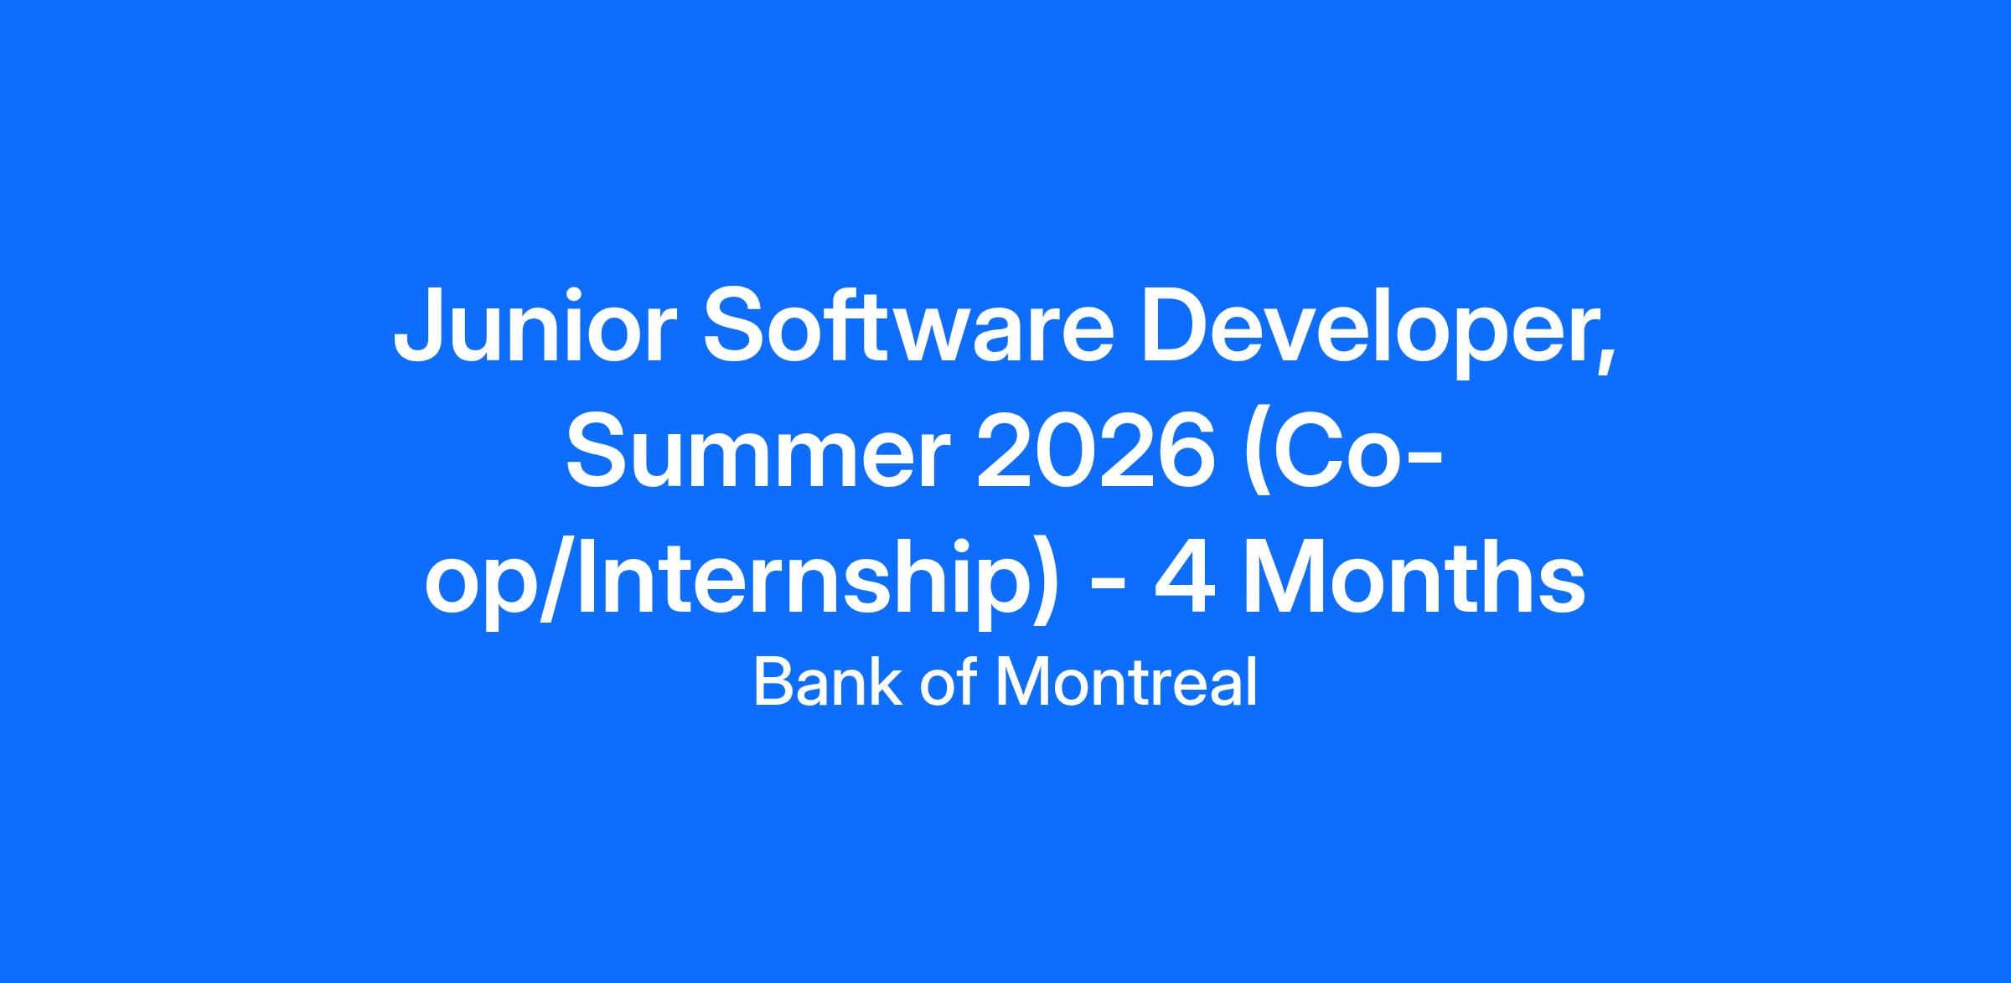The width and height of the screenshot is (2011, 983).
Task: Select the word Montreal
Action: point(1126,682)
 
